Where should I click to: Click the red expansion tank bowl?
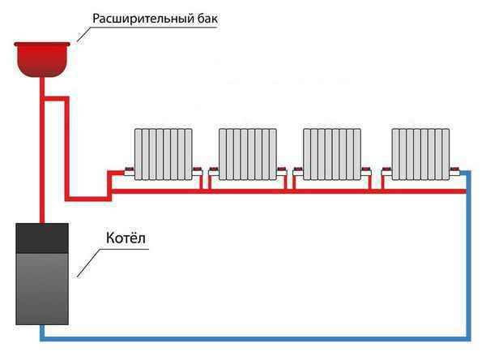(x=42, y=59)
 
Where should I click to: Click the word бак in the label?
(x=207, y=19)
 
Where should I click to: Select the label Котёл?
(x=126, y=238)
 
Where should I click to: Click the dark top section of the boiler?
(x=42, y=238)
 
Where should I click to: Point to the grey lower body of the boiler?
(x=42, y=289)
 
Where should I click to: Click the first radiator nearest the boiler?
(x=164, y=154)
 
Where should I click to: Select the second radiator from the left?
(x=248, y=154)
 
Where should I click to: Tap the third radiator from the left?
(x=332, y=154)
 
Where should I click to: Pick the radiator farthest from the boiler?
(x=420, y=154)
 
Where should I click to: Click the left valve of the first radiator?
(x=130, y=171)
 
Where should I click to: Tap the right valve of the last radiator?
(x=455, y=171)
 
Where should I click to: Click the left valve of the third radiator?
(x=298, y=171)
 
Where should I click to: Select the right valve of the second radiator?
(x=282, y=171)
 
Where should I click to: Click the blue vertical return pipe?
(x=469, y=255)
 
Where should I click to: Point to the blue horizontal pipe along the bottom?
(x=255, y=339)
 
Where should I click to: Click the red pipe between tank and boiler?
(x=42, y=150)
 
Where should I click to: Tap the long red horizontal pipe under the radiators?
(x=288, y=191)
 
